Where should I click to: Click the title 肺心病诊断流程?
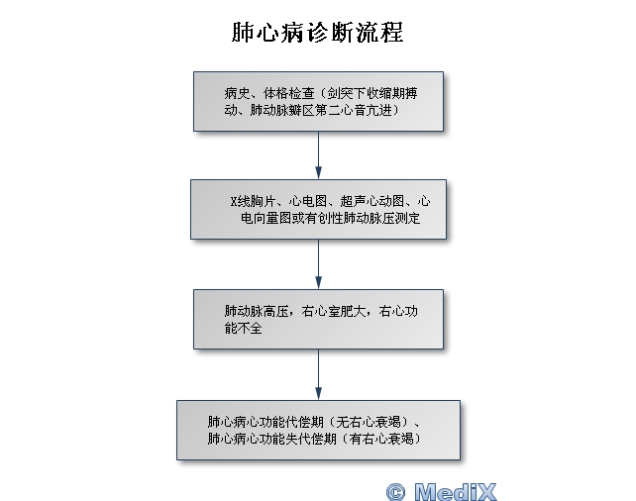(x=317, y=32)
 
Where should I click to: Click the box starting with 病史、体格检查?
(x=317, y=102)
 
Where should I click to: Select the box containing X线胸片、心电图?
(x=317, y=209)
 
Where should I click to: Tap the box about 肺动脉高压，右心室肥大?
(x=317, y=319)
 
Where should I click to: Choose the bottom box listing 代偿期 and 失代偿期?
(x=317, y=429)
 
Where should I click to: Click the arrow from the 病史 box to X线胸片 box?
(x=318, y=155)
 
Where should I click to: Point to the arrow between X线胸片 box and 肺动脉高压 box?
(x=318, y=263)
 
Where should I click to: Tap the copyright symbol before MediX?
(x=396, y=490)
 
